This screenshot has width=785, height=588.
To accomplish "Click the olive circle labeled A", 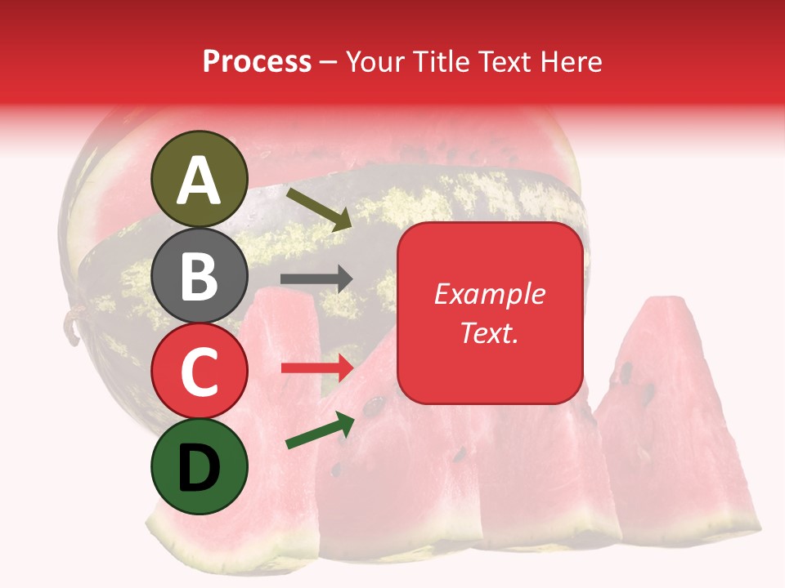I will (x=200, y=179).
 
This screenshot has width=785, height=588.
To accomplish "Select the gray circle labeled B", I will (x=200, y=275).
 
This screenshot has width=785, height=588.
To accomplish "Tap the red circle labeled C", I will (x=200, y=372).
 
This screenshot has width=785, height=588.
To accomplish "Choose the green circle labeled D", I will (x=200, y=467).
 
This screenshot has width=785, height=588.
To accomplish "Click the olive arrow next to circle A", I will (x=319, y=208).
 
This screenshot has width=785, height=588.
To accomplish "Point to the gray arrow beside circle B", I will (x=316, y=279).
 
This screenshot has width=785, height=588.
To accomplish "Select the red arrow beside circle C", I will (x=316, y=368).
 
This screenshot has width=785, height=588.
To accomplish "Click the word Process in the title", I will (x=257, y=62).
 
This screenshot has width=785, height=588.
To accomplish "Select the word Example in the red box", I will (x=489, y=294).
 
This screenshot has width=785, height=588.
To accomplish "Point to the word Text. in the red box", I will (x=489, y=332).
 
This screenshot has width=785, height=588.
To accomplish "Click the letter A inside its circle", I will (x=200, y=180).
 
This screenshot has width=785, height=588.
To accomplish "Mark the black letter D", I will (x=200, y=468).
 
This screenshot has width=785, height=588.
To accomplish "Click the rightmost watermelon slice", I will (x=679, y=425).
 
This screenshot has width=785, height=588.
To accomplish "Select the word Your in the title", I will (x=377, y=62).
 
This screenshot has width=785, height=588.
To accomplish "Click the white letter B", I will (x=200, y=276).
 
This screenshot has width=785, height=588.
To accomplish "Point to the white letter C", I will (x=200, y=372).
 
